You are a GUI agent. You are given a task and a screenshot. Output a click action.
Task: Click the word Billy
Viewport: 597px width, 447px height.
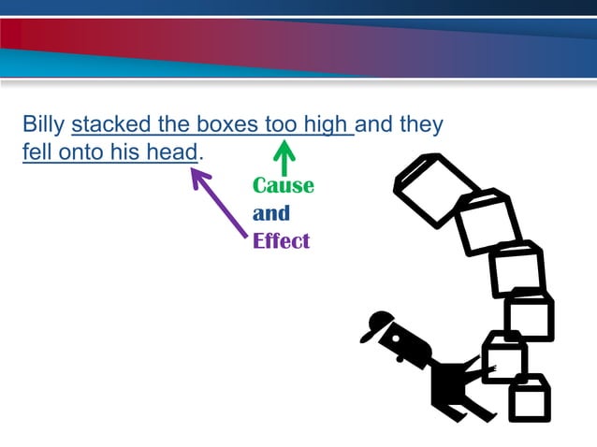(x=43, y=124)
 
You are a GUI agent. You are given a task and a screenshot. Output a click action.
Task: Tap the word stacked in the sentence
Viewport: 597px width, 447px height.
(x=106, y=124)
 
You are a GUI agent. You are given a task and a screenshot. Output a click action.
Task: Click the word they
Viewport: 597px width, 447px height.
(x=421, y=124)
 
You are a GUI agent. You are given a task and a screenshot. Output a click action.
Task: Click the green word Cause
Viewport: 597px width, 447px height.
(x=283, y=185)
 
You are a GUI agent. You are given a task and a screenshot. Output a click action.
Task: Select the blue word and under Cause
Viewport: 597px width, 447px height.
(x=271, y=213)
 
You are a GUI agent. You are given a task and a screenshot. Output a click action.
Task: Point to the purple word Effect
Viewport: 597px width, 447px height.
(x=281, y=241)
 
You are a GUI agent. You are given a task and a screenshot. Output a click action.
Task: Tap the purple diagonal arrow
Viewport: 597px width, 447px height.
(x=221, y=201)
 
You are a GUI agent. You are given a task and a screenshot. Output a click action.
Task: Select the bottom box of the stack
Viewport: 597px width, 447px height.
(x=530, y=398)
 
